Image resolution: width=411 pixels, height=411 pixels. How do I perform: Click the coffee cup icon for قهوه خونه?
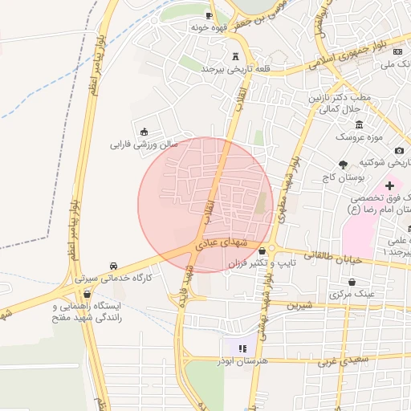point(210,15)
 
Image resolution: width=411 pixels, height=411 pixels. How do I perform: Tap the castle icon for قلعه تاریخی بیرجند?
point(235,57)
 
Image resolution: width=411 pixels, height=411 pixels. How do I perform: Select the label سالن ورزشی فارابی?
point(143,145)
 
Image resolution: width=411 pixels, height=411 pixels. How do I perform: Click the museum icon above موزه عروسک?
point(358,124)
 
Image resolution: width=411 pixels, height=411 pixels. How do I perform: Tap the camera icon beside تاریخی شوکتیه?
point(400,150)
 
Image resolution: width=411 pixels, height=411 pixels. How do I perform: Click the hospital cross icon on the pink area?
point(390,185)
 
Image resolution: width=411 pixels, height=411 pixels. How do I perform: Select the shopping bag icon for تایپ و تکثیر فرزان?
point(262,250)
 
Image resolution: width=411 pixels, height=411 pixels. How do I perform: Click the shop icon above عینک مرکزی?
point(353,282)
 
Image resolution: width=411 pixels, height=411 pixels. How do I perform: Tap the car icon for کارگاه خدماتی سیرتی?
point(113,266)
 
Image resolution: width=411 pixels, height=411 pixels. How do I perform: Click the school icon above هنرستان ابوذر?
point(242,348)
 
